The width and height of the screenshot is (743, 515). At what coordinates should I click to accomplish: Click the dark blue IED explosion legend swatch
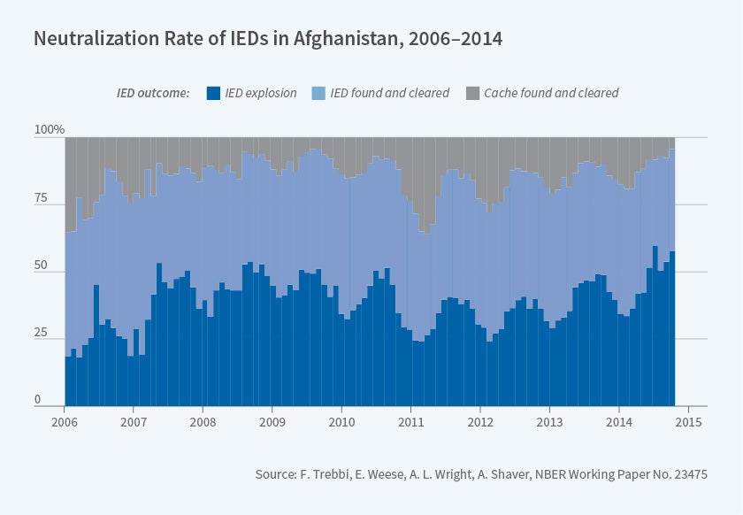click(212, 93)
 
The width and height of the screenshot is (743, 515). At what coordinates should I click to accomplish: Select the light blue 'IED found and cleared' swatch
click(318, 93)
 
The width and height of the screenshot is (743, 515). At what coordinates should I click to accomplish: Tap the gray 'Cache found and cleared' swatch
click(472, 93)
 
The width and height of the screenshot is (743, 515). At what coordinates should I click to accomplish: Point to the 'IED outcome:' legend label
click(153, 93)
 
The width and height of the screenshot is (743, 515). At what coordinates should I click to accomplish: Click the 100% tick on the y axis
click(50, 130)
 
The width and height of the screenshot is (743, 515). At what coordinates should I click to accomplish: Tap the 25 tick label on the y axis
click(42, 333)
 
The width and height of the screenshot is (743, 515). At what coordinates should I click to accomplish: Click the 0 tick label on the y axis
click(38, 400)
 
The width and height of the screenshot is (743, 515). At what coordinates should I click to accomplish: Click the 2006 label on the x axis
click(65, 421)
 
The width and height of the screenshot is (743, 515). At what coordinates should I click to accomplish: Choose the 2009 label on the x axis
click(272, 421)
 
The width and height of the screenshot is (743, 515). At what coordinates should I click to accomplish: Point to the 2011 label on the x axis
click(411, 421)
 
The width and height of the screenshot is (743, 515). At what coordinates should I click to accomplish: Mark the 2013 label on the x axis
click(550, 421)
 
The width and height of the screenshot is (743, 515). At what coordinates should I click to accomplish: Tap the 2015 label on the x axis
click(688, 421)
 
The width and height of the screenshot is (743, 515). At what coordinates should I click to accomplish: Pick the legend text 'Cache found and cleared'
click(551, 93)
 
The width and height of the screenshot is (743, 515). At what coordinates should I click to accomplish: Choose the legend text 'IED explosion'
click(261, 93)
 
